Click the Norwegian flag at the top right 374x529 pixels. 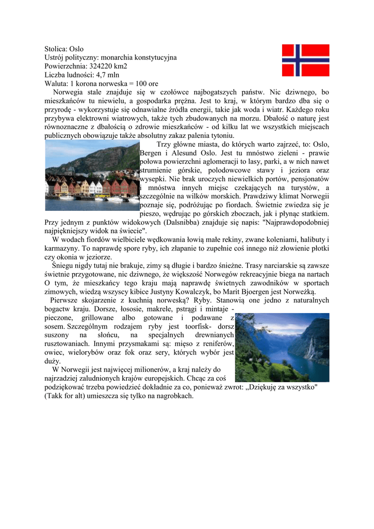[x=305, y=60]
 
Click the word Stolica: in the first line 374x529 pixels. [x=56, y=49]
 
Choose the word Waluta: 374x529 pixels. [x=56, y=83]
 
